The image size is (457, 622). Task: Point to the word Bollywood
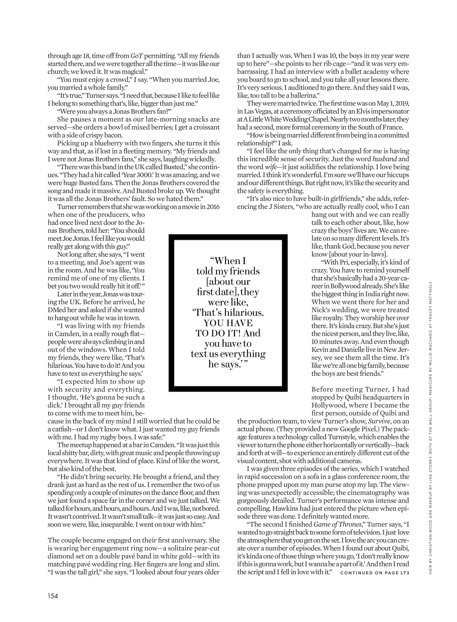click(342, 286)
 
